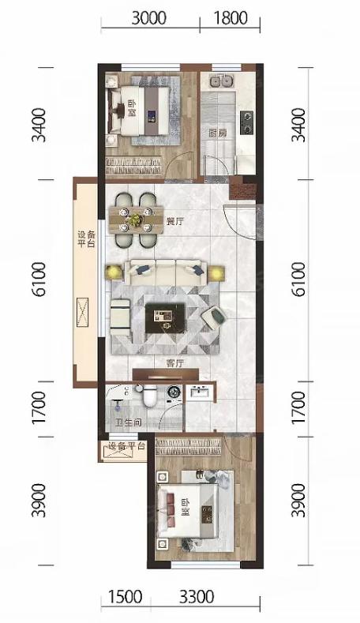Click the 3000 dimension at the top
tap(148, 18)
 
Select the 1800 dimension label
tap(231, 18)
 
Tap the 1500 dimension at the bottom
tap(125, 596)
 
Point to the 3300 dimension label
tap(197, 596)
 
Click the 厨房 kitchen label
tap(218, 133)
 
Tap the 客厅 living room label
tap(174, 363)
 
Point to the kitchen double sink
tap(221, 81)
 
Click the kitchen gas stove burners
tap(246, 122)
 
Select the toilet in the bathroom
tap(149, 396)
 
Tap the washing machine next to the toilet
tap(174, 392)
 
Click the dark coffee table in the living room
tap(165, 318)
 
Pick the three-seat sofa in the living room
tap(166, 272)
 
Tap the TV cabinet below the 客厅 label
tap(165, 374)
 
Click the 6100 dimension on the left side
tap(39, 280)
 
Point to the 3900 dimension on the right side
tap(298, 500)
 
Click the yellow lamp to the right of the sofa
tap(216, 274)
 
